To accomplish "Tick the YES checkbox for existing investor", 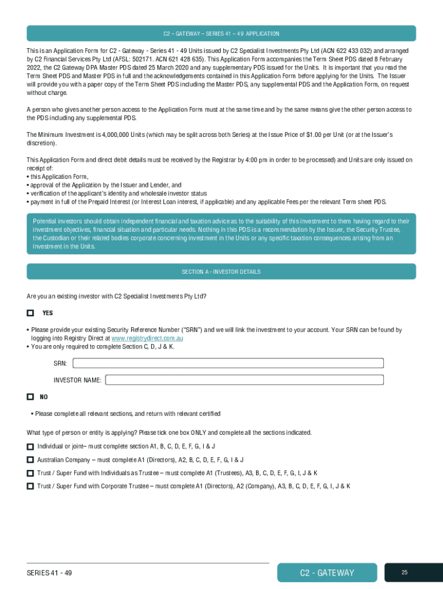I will click(30, 313).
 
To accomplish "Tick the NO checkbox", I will click(30, 397).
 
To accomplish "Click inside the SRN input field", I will click(228, 364).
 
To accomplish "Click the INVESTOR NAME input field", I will click(244, 380).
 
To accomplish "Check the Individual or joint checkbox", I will click(30, 446).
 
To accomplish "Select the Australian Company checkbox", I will click(30, 460).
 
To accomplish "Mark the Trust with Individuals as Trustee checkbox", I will click(30, 473).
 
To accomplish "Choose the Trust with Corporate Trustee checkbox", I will click(30, 486).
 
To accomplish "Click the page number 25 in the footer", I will click(404, 572).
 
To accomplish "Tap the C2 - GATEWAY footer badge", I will click(327, 573).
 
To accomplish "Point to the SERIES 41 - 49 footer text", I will click(49, 573).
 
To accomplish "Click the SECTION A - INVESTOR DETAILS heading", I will click(221, 271).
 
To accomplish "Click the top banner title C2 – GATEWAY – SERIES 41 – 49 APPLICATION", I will click(221, 34).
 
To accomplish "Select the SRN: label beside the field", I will click(60, 364).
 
